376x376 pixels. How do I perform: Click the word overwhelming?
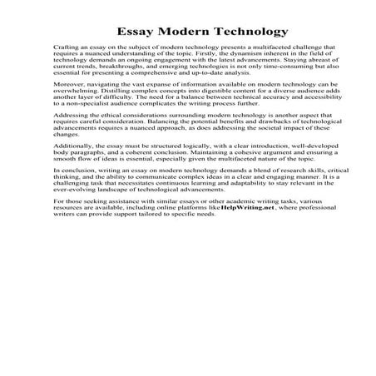tap(72, 116)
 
